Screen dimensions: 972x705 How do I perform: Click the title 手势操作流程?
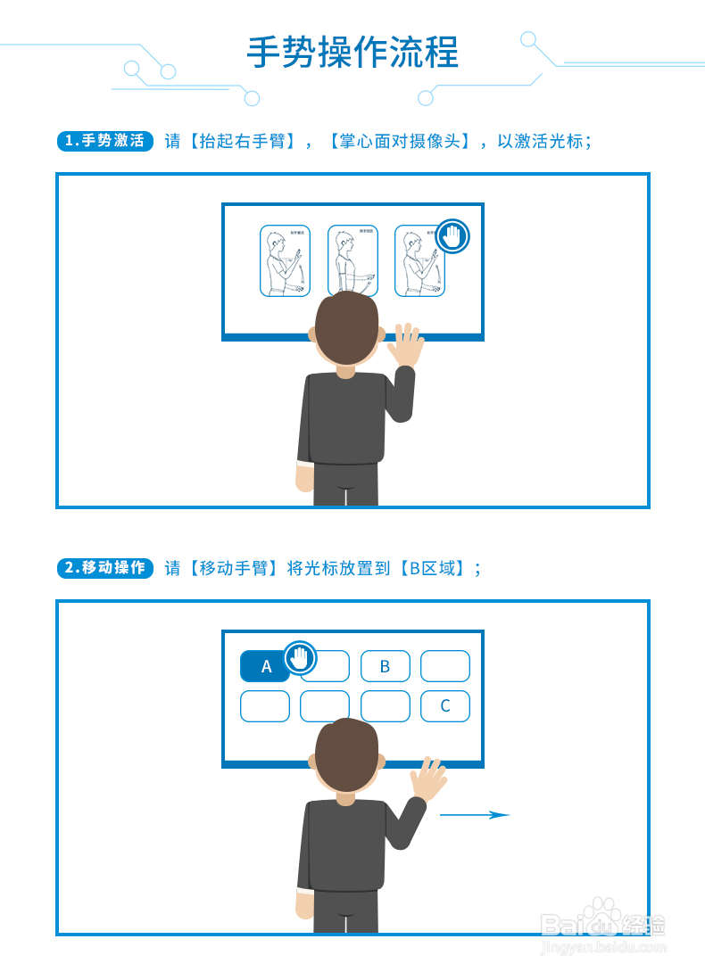point(352,54)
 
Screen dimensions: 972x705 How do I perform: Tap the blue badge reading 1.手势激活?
point(105,141)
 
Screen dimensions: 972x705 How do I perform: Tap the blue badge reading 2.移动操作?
point(105,568)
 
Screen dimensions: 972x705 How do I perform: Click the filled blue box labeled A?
point(264,666)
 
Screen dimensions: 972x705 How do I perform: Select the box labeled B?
point(385,666)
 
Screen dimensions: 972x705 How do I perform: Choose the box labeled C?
point(444,706)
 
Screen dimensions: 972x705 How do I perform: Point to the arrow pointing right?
point(474,814)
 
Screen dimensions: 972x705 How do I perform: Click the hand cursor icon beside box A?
point(301,658)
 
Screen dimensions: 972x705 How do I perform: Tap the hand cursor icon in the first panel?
point(452,235)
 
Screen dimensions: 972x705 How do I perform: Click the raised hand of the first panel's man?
point(406,345)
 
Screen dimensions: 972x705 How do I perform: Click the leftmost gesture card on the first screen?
point(285,260)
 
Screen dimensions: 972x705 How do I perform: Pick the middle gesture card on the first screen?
point(352,260)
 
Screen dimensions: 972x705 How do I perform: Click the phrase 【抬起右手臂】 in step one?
point(241,141)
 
